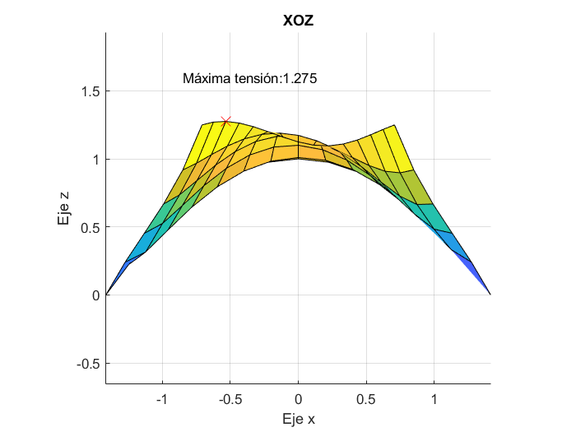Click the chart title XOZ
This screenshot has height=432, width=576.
coord(298,21)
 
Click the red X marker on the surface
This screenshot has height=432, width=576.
coord(226,121)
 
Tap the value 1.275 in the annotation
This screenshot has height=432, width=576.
coord(300,79)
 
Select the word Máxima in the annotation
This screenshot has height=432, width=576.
coord(207,79)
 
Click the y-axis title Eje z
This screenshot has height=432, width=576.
coord(63,207)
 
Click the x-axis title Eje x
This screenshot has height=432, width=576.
coord(298,419)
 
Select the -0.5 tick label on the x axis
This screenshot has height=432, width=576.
coord(229,398)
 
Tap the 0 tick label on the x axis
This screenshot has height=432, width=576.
coord(298,398)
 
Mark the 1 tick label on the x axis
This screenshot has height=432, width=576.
coord(434,398)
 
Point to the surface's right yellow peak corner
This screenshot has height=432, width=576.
coord(395,125)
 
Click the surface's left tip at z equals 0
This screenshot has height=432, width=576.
coord(107,294)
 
